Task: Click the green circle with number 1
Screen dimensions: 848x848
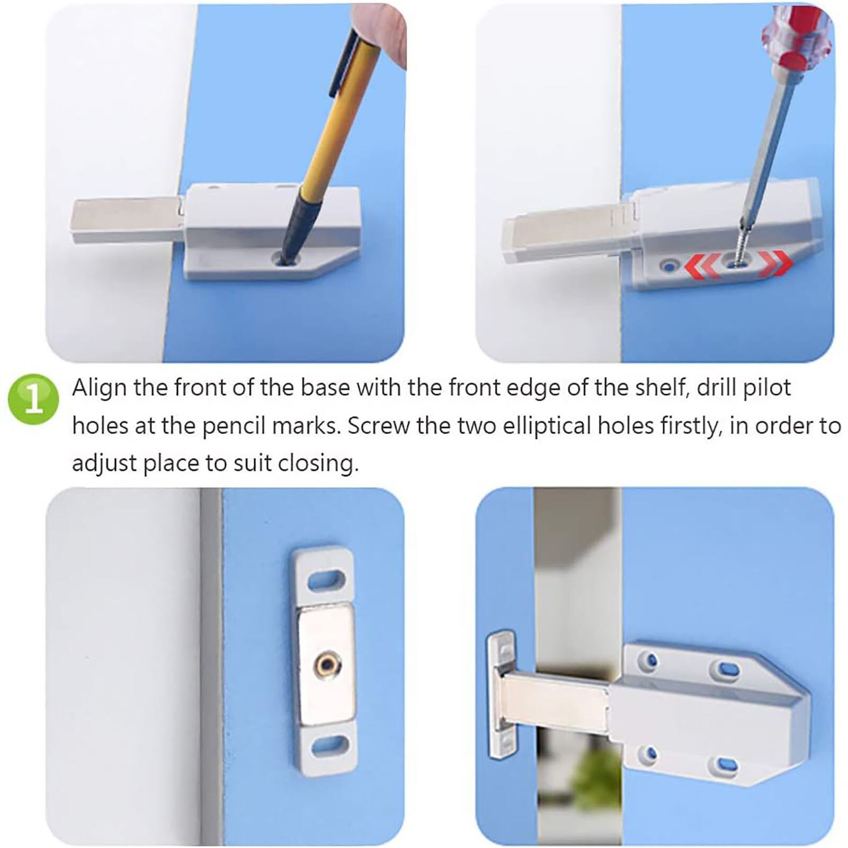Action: (x=33, y=399)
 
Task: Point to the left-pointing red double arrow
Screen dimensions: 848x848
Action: (x=702, y=264)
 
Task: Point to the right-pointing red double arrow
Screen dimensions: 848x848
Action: (x=775, y=262)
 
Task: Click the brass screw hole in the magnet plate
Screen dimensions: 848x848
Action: (x=324, y=662)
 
